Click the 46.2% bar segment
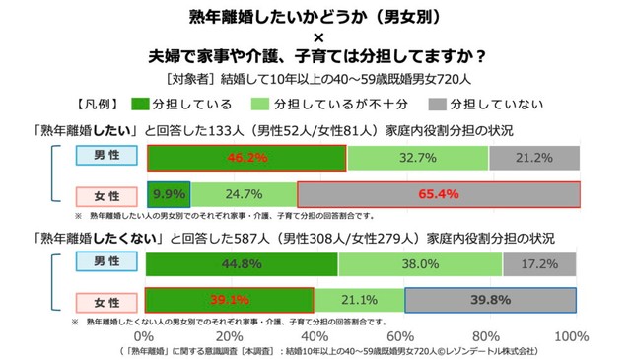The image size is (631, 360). click(x=245, y=158)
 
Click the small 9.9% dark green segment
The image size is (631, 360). click(x=168, y=193)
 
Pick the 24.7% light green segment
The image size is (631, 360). click(x=244, y=193)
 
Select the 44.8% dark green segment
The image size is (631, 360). click(x=242, y=264)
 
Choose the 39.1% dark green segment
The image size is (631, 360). click(x=230, y=300)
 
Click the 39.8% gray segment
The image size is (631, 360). click(x=491, y=300)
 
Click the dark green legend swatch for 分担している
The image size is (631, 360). click(x=140, y=104)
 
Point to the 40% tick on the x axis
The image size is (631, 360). click(x=316, y=336)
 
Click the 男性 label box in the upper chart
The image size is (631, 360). click(x=102, y=158)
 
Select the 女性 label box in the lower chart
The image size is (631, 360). click(x=102, y=300)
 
